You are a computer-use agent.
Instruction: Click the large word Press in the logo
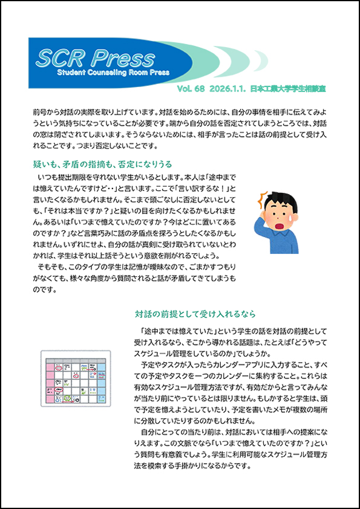click(120, 57)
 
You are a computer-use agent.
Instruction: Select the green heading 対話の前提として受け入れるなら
click(195, 314)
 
